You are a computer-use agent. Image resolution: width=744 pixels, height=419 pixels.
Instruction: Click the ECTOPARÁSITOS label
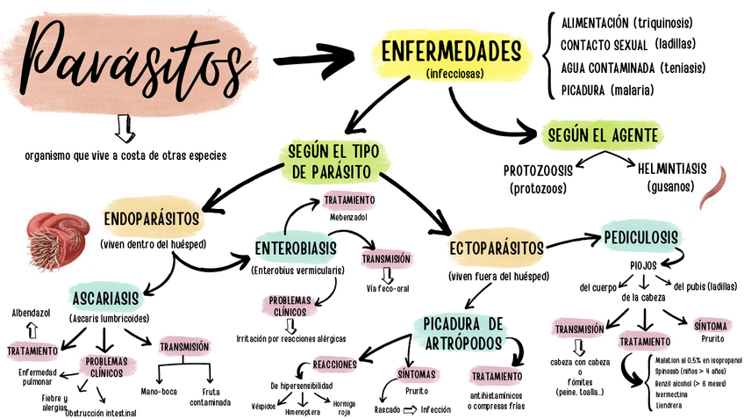(x=497, y=249)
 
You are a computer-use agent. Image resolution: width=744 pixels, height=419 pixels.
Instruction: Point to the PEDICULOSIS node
(x=640, y=237)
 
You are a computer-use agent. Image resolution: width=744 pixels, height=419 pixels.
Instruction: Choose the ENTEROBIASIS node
(x=296, y=249)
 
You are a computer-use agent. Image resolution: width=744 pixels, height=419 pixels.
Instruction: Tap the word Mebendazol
(x=348, y=216)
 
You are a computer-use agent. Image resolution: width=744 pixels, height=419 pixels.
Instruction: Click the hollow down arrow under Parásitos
(x=125, y=128)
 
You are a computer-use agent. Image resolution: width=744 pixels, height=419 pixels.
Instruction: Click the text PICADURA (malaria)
(x=607, y=90)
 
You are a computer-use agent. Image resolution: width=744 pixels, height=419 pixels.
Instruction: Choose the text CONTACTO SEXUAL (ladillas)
(x=620, y=44)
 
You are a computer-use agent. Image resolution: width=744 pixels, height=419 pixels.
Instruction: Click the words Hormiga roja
(x=344, y=406)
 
